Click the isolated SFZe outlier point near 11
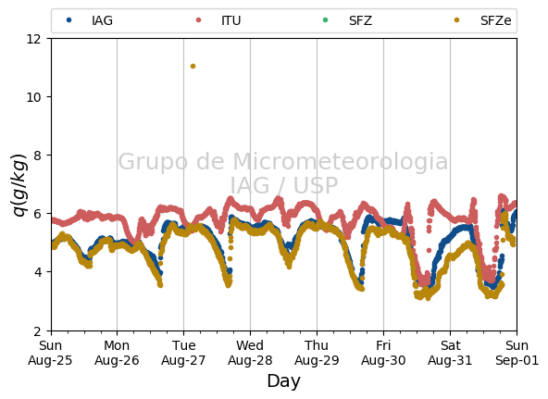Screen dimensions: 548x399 tap(193, 66)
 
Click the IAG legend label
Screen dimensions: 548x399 tap(102, 20)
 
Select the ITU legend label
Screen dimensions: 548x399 tap(231, 20)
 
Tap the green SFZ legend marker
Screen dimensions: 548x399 tap(326, 20)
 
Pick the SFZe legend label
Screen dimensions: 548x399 tap(495, 20)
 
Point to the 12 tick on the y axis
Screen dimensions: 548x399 tap(34, 39)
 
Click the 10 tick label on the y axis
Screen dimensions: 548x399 tap(34, 97)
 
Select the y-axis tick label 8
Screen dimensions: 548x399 tap(37, 156)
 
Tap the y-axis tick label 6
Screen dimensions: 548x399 tap(37, 214)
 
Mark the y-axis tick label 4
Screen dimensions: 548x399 tap(37, 272)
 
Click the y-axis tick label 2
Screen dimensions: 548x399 tap(37, 330)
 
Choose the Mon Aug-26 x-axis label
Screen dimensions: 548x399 tap(117, 353)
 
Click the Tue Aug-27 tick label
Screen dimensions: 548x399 tap(183, 353)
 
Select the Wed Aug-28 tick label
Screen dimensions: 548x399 tap(250, 353)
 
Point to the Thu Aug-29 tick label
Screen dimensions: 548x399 tap(317, 353)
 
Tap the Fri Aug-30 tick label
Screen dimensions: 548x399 tap(383, 353)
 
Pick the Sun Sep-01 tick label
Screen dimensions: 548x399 tap(517, 353)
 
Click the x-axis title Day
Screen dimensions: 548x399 tap(283, 381)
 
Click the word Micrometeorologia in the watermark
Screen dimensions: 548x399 tap(340, 162)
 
